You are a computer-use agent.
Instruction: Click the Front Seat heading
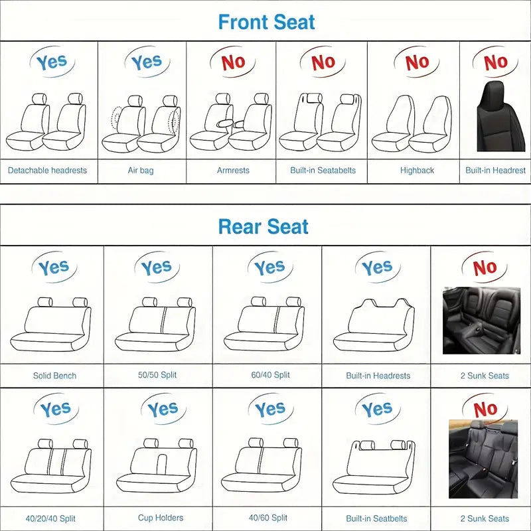[266, 22]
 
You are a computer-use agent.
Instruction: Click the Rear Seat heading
[264, 227]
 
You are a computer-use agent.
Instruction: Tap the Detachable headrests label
[47, 171]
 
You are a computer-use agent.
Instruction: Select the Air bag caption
[141, 171]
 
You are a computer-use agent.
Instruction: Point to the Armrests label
[233, 171]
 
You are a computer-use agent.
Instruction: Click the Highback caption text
[417, 171]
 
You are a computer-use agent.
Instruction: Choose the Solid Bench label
[54, 376]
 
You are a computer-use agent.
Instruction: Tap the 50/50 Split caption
[157, 376]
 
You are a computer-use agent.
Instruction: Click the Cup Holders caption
[161, 518]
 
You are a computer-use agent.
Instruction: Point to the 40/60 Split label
[268, 518]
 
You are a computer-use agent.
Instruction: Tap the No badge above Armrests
[232, 62]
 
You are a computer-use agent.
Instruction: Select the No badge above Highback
[417, 62]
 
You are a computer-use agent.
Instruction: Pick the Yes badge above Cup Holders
[163, 410]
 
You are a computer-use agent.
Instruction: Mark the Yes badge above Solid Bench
[53, 268]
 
